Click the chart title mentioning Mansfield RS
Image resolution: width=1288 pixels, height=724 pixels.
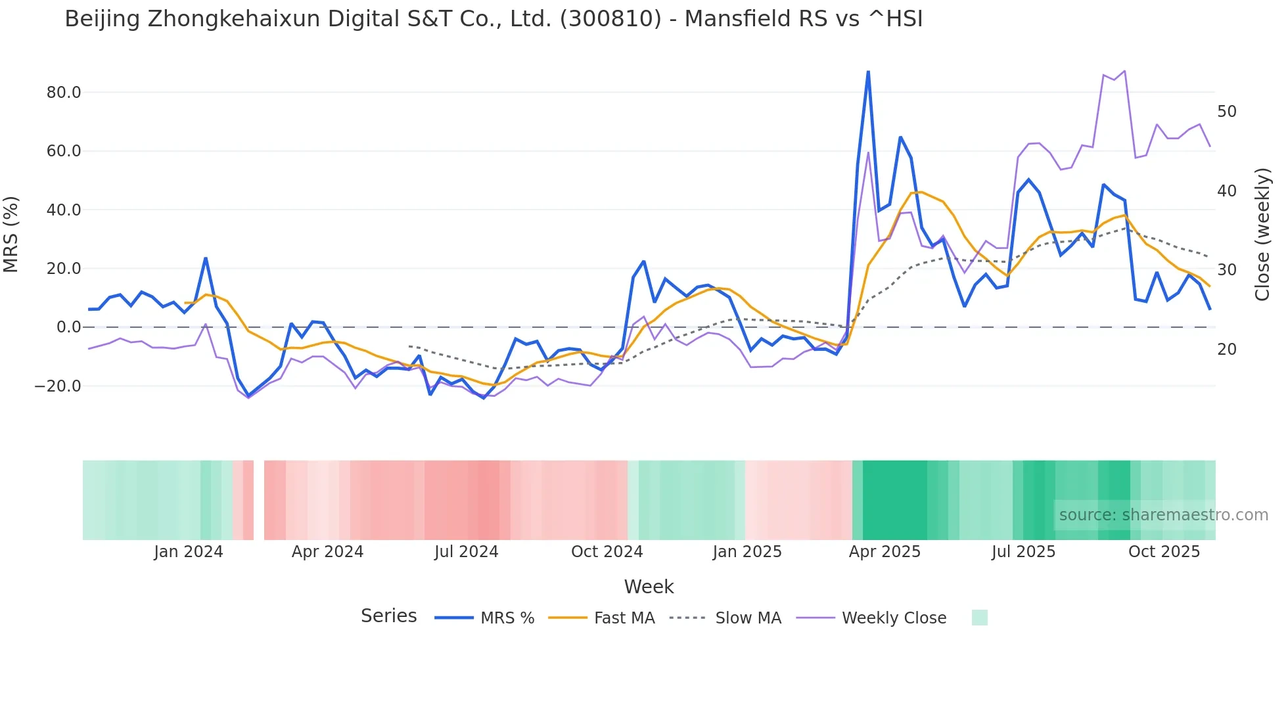(x=494, y=19)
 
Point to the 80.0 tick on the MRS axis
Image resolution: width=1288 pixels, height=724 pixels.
(x=64, y=93)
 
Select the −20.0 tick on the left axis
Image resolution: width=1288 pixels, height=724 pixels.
(x=58, y=386)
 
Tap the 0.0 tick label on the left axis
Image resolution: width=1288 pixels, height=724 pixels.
(x=68, y=327)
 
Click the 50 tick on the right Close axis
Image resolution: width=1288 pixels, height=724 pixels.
(x=1226, y=112)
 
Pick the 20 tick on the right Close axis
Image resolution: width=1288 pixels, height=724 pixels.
(x=1226, y=350)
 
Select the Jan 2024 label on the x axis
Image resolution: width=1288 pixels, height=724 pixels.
(x=189, y=552)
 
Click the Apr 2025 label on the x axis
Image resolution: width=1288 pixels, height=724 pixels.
(x=885, y=552)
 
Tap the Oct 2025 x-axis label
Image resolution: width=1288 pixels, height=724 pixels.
(x=1164, y=552)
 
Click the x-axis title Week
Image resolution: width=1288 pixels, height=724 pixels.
(x=649, y=587)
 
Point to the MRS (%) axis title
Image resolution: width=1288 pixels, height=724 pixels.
(x=11, y=235)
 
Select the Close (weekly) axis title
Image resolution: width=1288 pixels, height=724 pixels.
(x=1262, y=235)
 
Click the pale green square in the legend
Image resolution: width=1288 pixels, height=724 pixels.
(x=979, y=618)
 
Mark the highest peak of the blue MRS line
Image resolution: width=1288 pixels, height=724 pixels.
(x=868, y=72)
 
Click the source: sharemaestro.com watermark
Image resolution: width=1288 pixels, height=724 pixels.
(x=1163, y=515)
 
